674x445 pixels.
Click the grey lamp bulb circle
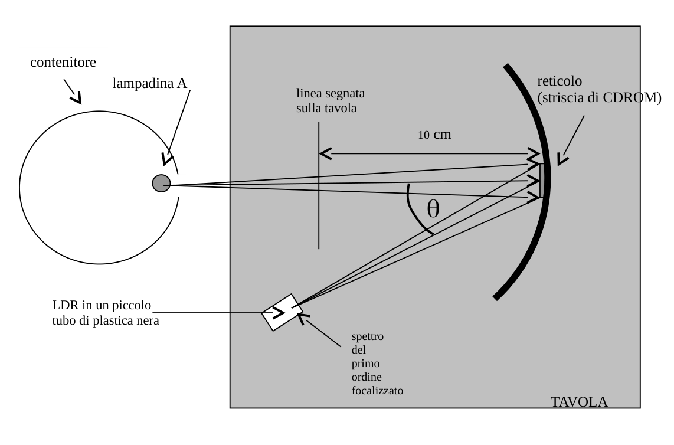pos(161,183)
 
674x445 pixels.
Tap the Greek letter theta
pos(433,210)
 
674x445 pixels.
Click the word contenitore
pos(63,63)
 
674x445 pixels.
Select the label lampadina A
pos(149,83)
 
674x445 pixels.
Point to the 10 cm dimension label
pos(434,135)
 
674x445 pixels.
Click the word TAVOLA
pos(579,401)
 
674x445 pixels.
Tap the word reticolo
pos(560,81)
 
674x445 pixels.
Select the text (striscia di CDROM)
pos(599,98)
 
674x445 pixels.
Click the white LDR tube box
pos(283,312)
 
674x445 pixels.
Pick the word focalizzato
pos(377,390)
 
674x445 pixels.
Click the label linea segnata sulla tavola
pos(330,100)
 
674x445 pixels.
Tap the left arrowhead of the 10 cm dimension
pos(325,153)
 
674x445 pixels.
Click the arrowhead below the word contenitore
pos(77,99)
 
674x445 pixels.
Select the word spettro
pos(368,336)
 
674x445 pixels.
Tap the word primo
pos(365,364)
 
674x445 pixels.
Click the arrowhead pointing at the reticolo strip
pos(562,159)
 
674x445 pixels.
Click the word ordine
pos(367,377)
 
